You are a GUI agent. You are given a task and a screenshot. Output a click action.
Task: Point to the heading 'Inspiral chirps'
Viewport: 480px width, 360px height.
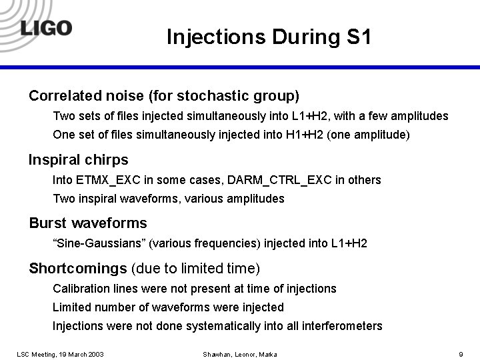point(79,160)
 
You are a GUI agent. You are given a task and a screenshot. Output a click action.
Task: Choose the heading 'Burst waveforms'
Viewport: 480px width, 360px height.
point(88,223)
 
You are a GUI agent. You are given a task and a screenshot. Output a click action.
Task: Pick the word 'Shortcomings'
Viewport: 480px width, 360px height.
point(77,269)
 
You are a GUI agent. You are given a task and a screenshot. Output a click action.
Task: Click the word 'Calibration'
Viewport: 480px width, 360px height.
point(79,289)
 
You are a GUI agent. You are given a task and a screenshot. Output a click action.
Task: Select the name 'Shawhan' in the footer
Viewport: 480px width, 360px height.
point(218,353)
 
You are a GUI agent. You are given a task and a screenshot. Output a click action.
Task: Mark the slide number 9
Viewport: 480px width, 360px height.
point(461,353)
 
